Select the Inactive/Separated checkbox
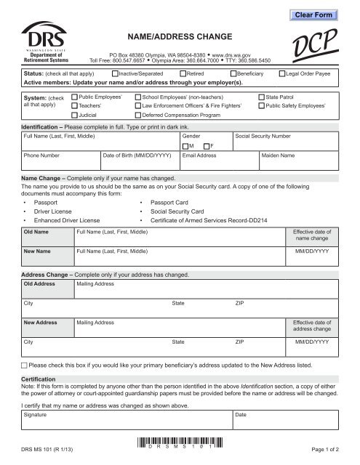116,74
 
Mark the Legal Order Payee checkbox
281,74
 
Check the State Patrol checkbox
262,96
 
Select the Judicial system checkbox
74,115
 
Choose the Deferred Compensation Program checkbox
137,115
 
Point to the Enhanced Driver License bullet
66,219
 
